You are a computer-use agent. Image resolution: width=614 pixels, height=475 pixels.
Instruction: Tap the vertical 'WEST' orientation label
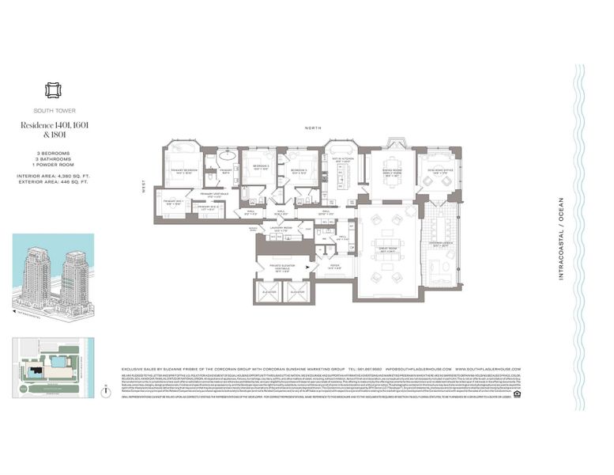(x=145, y=188)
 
